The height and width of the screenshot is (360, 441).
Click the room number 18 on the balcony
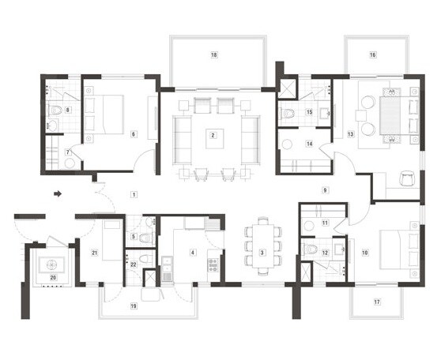[213, 55]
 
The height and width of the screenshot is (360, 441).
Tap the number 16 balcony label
[373, 55]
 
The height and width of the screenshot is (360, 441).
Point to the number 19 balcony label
[133, 305]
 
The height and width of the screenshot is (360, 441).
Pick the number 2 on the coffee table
[213, 135]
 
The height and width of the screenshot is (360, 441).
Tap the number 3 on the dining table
[262, 252]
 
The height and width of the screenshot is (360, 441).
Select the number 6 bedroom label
[134, 135]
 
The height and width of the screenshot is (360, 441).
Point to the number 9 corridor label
[324, 190]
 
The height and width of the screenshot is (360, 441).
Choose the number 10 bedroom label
[365, 253]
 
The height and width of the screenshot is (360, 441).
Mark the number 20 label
[54, 277]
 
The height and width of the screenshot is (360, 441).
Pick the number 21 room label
[95, 253]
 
